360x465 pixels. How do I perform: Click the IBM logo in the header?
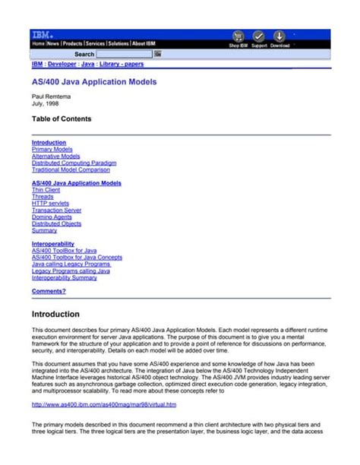coord(42,35)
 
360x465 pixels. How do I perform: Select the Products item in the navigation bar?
coord(72,44)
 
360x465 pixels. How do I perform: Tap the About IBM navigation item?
coord(144,44)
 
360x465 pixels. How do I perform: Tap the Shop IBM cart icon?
coord(238,36)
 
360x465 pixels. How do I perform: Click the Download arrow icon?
coord(279,36)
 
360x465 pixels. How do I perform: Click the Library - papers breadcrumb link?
coord(122,65)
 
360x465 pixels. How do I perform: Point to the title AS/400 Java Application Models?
coord(94,81)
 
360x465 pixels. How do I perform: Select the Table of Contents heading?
coord(62,119)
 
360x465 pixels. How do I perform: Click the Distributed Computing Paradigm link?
coord(74,163)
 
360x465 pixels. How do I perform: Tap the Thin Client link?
coord(46,190)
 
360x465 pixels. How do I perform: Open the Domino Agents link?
coord(52,217)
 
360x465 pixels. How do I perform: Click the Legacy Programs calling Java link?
coord(71,270)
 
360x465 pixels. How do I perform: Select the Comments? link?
coord(49,291)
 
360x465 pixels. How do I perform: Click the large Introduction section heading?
coord(55,314)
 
